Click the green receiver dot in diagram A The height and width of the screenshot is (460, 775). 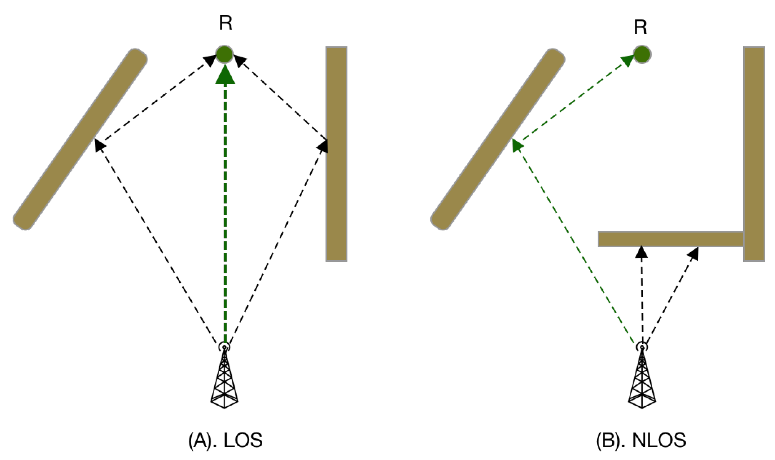[x=225, y=54]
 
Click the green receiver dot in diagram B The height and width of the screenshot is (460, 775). [x=642, y=54]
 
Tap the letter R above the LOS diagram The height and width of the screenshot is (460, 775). [x=226, y=23]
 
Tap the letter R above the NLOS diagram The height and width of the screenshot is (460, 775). [x=640, y=27]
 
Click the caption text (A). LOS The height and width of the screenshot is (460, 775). [x=225, y=440]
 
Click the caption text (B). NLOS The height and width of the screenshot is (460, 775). [x=641, y=440]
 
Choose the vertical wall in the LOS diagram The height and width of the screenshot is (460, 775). [x=336, y=154]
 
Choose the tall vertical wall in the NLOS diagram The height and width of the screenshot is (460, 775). [x=754, y=154]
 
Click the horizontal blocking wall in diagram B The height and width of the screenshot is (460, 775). [x=670, y=239]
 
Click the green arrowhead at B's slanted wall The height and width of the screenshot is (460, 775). [x=517, y=146]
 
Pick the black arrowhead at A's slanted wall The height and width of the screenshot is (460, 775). [x=99, y=146]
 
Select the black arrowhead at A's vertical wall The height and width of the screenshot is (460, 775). [x=323, y=146]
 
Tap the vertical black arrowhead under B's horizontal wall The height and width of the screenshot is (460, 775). [x=641, y=252]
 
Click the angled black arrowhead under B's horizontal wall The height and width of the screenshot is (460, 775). [x=693, y=254]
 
